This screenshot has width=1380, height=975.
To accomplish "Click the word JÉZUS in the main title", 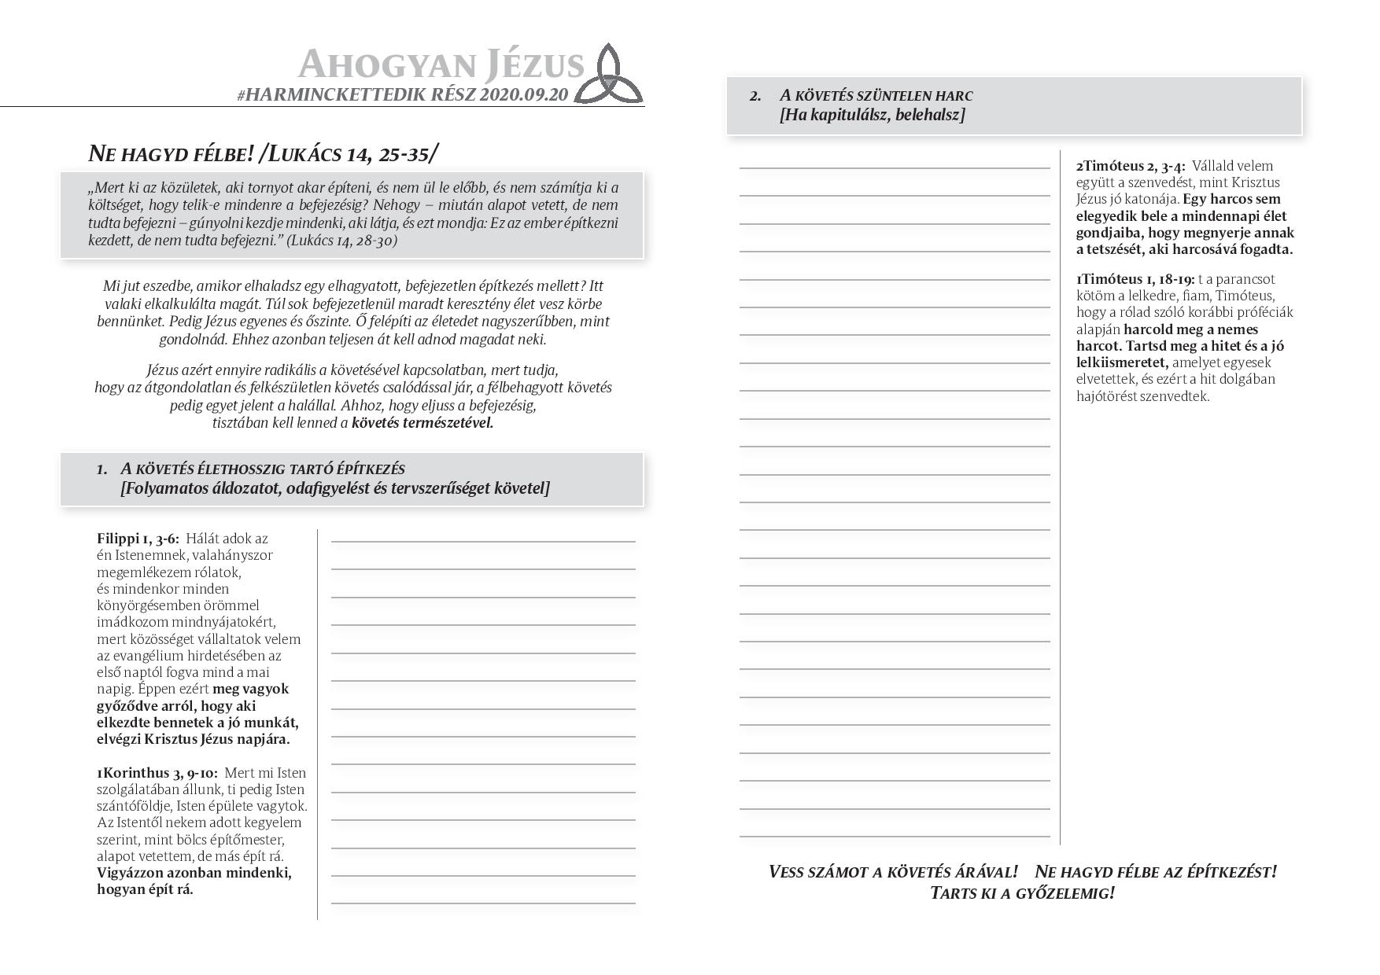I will tap(534, 64).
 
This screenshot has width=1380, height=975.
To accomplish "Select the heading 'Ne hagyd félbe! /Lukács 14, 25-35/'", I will tap(263, 153).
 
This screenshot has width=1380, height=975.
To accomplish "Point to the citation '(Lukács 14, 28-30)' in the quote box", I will tap(342, 241).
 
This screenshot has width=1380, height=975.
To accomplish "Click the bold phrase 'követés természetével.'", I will tap(422, 423).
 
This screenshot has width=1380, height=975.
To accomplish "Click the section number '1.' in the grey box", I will tap(102, 469).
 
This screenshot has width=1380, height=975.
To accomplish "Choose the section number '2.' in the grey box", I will tap(755, 96).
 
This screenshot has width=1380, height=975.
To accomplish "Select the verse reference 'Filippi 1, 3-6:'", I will tap(138, 539).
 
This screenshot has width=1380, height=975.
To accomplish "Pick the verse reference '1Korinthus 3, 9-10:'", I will tap(157, 773).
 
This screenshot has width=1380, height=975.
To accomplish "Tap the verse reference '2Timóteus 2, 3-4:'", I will tap(1131, 166).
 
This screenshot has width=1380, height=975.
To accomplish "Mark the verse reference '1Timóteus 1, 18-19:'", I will tap(1135, 279).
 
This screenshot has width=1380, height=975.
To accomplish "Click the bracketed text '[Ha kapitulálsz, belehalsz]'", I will tap(873, 116).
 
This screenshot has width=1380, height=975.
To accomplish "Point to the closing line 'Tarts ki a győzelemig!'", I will tap(1022, 893).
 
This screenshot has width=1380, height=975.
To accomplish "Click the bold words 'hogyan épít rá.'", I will tap(145, 889).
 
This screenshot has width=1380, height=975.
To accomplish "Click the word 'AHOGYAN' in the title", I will tap(387, 64).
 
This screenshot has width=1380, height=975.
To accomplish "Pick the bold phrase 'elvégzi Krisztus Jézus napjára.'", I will tap(194, 740).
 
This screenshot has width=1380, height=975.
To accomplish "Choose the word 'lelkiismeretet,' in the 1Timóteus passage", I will tap(1123, 362).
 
